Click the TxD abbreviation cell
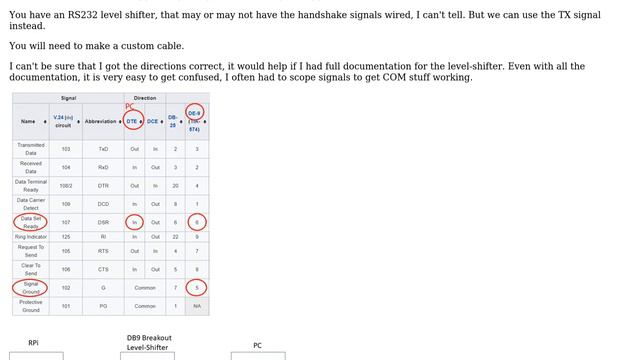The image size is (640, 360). (x=103, y=149)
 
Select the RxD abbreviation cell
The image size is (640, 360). (x=103, y=167)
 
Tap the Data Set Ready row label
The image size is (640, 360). (x=31, y=221)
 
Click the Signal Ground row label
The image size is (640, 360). (x=31, y=288)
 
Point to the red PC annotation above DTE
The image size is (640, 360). (x=129, y=106)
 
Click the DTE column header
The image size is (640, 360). (x=132, y=121)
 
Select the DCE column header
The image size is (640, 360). (x=153, y=121)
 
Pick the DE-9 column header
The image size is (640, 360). (x=194, y=121)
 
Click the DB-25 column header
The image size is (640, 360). (x=173, y=121)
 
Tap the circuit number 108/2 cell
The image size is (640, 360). (x=66, y=185)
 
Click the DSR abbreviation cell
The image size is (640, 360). (x=103, y=222)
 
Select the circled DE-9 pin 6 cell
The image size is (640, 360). (x=197, y=222)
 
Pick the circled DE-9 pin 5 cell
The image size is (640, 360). (x=197, y=288)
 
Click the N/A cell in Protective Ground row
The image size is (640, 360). (x=197, y=306)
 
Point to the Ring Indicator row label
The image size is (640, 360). (x=31, y=237)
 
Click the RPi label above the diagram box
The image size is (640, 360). (x=33, y=343)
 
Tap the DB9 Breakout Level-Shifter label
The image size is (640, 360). (x=148, y=343)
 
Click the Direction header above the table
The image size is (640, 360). (x=145, y=98)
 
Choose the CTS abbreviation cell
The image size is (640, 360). (x=103, y=269)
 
